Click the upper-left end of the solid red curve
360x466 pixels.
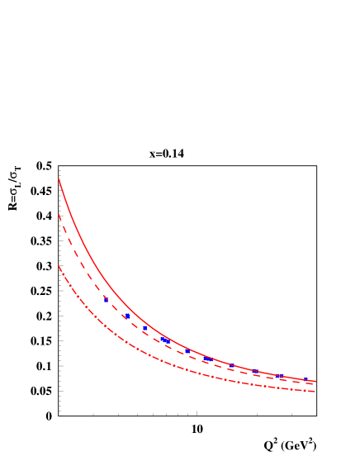pos(59,178)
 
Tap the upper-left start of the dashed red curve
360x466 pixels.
pos(59,215)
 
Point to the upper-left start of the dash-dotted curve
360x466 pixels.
pos(59,266)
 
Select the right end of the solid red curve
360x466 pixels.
pos(316,381)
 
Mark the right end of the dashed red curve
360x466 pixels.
pos(315,384)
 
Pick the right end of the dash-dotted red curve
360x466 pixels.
pos(315,392)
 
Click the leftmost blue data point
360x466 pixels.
pos(106,300)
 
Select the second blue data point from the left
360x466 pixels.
pos(127,316)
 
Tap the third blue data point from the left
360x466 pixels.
pos(145,328)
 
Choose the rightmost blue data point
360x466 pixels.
pos(305,379)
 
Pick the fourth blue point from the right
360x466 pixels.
pos(232,365)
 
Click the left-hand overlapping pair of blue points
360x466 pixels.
pos(165,340)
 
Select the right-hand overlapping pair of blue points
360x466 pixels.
pos(210,359)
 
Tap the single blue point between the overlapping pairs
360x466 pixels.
pos(187,351)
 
